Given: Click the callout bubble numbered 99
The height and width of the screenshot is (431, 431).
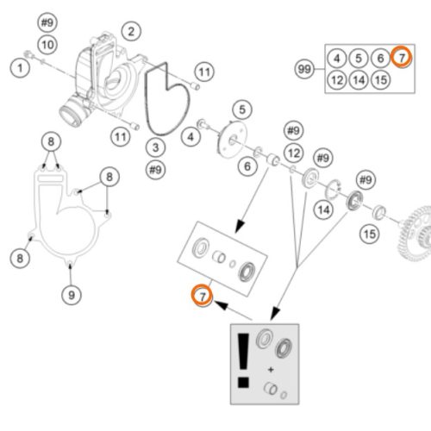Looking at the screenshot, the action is [304, 69].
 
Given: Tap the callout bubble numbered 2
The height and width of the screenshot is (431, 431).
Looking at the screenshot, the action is [131, 31].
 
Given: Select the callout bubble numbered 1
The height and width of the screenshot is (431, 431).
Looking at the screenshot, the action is [20, 68].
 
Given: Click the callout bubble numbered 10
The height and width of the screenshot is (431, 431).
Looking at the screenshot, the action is [47, 45].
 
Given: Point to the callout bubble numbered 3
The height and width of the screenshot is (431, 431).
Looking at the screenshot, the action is [155, 147].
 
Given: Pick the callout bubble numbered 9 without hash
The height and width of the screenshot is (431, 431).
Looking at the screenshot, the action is [72, 295].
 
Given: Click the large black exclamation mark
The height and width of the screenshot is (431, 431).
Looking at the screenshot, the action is [243, 360].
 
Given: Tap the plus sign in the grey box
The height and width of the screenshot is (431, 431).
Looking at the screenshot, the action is [271, 370].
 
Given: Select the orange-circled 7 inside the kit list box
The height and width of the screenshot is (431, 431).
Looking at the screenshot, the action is [402, 57].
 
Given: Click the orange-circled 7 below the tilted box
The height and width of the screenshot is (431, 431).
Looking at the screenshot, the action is [203, 295].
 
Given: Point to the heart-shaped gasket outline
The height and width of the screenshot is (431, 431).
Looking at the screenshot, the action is [167, 99].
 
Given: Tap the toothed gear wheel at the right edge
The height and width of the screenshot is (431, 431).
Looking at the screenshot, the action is [415, 234].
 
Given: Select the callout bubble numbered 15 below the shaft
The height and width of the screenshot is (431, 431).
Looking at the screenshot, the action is [370, 234].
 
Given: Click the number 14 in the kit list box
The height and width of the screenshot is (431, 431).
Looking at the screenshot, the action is [359, 80].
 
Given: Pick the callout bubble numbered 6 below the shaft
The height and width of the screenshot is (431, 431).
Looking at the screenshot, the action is [247, 166].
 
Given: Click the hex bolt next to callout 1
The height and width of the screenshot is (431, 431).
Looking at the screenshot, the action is [29, 54].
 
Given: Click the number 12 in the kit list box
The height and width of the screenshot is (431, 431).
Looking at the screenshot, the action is [337, 80].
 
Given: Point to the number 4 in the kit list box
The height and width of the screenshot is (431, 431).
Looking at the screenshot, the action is [337, 59].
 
